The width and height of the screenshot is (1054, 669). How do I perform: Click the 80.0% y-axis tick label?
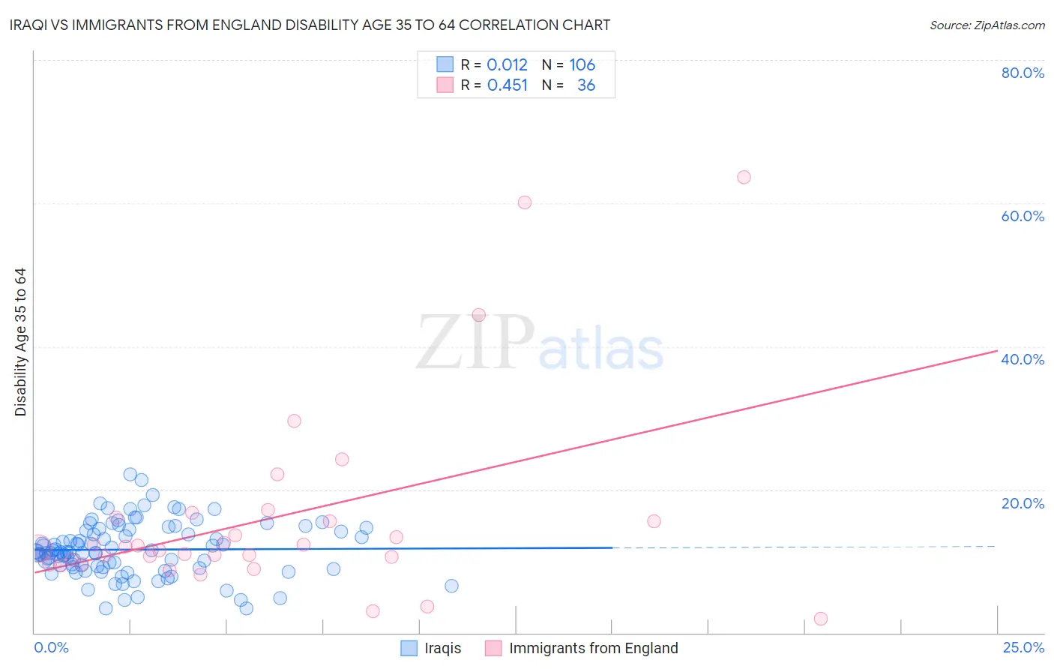[1023, 73]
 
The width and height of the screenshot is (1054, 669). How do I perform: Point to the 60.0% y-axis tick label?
[1023, 216]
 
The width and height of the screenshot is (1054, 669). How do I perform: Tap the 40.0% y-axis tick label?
[1023, 359]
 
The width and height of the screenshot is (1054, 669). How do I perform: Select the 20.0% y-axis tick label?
[1023, 503]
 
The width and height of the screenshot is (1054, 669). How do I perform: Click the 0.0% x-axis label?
[51, 647]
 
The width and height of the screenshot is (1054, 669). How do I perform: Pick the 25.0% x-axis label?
[1023, 647]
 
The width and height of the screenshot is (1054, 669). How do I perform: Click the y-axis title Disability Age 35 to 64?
[20, 342]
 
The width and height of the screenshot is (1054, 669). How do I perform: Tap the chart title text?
[310, 25]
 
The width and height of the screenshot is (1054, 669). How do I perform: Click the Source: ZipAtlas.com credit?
[987, 25]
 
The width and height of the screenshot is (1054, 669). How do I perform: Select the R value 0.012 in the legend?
[507, 64]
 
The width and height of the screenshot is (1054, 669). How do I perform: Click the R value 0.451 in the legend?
[507, 85]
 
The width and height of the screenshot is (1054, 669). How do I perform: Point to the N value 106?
[582, 64]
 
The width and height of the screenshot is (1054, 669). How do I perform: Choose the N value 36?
[586, 85]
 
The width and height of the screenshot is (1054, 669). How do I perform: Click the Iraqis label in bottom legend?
[442, 648]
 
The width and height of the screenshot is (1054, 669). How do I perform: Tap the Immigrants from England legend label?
[593, 648]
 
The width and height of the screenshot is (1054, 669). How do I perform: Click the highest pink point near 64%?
[744, 177]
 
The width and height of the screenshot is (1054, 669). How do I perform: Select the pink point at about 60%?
[525, 202]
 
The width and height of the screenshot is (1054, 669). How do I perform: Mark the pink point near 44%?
[479, 315]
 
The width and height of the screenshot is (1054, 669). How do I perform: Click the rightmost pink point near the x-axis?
[821, 619]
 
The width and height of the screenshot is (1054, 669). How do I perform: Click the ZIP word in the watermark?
[475, 343]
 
